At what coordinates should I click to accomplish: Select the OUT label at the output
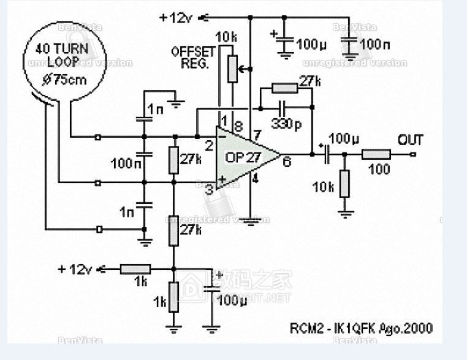click(410, 140)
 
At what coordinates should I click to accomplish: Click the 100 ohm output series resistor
click(376, 154)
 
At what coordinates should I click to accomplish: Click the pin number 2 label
click(209, 146)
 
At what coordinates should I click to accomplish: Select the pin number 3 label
click(209, 189)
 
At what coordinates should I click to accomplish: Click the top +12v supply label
click(177, 17)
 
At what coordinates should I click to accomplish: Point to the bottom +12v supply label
click(76, 269)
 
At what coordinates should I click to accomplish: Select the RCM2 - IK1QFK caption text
click(361, 328)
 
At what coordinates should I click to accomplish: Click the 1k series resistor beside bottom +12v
click(135, 268)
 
